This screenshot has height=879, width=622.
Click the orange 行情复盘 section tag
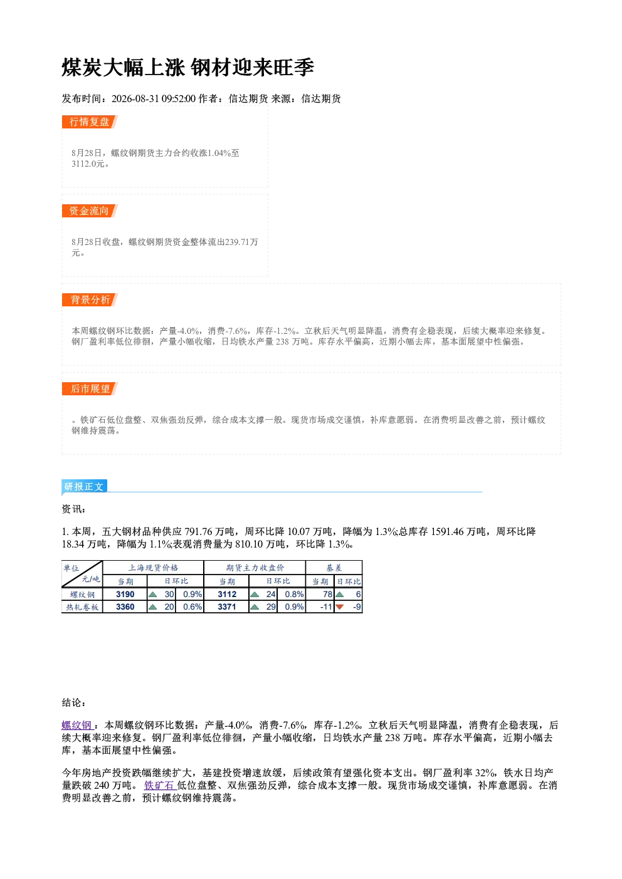point(90,122)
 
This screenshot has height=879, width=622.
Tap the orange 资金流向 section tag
point(90,211)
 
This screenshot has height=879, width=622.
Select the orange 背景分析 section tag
point(90,300)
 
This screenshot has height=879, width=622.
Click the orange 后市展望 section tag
point(90,389)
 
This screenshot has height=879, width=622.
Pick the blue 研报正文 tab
point(84,487)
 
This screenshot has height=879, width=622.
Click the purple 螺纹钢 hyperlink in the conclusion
point(76,725)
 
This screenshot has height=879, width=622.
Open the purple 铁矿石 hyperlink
point(159,785)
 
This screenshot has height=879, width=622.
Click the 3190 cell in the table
point(125,594)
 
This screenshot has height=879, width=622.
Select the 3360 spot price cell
point(125,606)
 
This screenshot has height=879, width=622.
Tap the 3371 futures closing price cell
point(227,606)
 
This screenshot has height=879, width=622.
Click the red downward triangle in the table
point(340,607)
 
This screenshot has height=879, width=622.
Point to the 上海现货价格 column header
point(153,568)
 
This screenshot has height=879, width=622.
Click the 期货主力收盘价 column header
point(255,568)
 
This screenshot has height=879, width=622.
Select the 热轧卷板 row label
point(82,607)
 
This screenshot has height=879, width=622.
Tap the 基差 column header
point(334,568)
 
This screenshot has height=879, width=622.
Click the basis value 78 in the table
point(327,594)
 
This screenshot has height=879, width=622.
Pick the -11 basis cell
point(326,606)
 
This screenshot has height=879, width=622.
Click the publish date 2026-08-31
point(135,98)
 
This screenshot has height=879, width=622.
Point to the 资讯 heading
point(74,509)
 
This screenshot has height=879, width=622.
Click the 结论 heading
point(74,702)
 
